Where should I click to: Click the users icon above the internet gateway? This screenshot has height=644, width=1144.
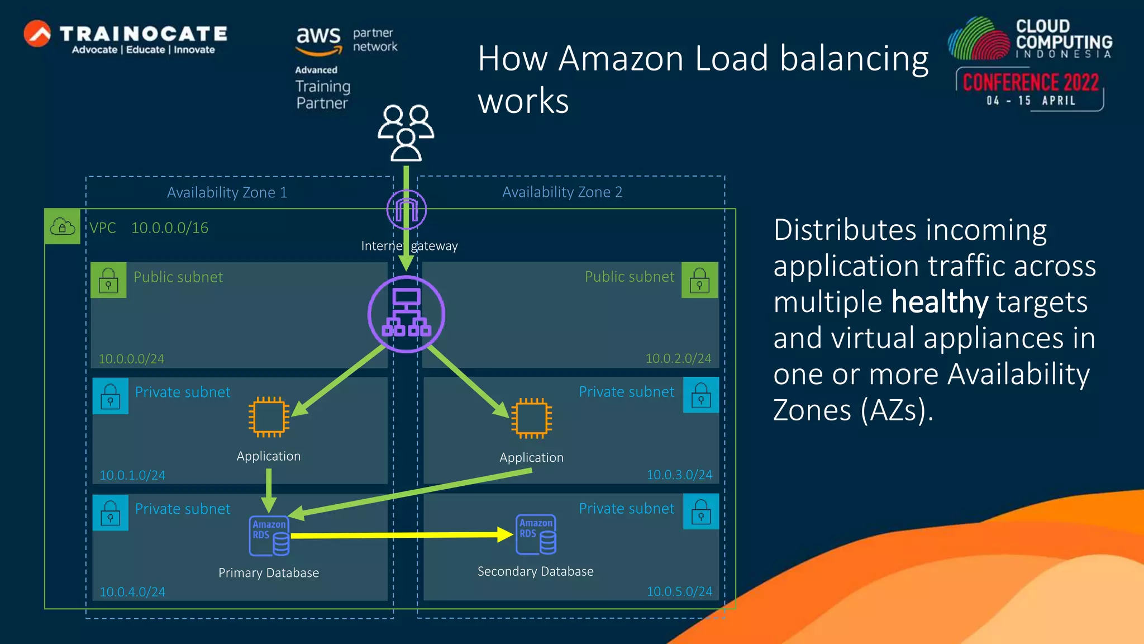[x=406, y=133]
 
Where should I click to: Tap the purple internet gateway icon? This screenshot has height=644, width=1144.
[x=407, y=210]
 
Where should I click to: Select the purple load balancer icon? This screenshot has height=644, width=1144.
[x=407, y=314]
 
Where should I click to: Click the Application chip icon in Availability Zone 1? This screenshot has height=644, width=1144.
[x=269, y=417]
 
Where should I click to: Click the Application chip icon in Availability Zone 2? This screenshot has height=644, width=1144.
[x=531, y=418]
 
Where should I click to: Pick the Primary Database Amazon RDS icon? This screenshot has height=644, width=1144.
[x=269, y=536]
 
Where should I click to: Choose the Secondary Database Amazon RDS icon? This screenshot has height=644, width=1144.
[x=536, y=534]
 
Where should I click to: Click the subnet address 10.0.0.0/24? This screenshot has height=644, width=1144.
[x=131, y=359]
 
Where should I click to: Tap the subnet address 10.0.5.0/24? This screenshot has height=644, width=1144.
[x=679, y=591]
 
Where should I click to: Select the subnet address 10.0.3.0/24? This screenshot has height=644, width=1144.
[x=679, y=475]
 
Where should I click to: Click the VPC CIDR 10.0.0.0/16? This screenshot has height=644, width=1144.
[x=170, y=228]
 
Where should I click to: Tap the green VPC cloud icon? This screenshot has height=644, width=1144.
[x=63, y=226]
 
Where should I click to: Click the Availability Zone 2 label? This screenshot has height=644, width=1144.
[x=562, y=192]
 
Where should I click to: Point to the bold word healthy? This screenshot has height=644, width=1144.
[x=940, y=302]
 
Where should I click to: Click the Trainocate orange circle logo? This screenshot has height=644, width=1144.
[x=37, y=34]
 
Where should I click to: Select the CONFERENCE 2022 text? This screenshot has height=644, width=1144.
[x=1031, y=83]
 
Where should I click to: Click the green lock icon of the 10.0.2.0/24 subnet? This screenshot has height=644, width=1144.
[x=699, y=280]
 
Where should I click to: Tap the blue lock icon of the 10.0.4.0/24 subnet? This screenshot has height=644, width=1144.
[x=110, y=512]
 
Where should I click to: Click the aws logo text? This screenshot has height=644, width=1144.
[x=318, y=36]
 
